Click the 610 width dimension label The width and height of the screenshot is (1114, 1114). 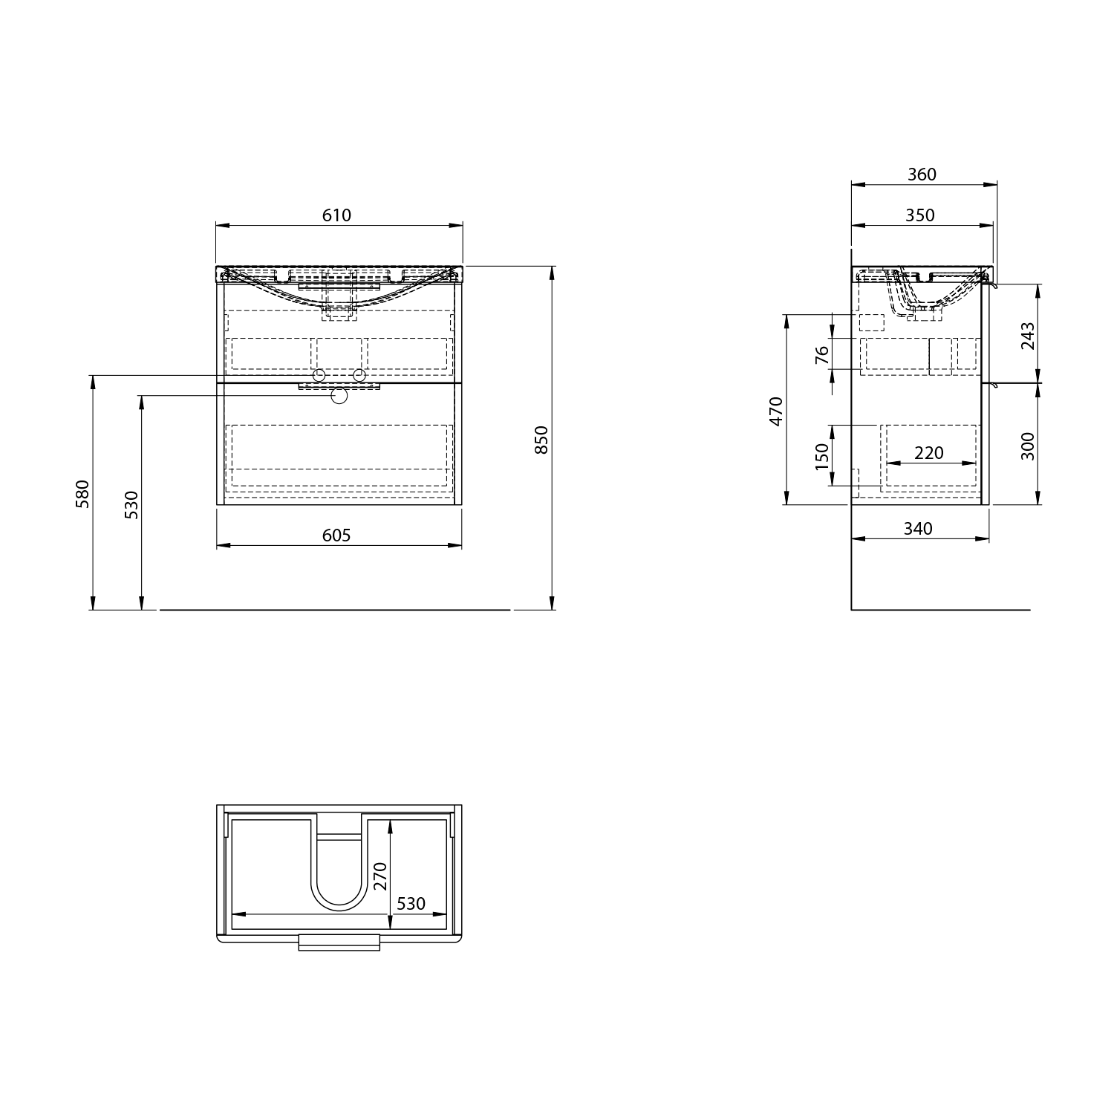pos(336,215)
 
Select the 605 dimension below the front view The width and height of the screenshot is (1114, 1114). pos(336,535)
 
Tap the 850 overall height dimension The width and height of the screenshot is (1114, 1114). pos(541,440)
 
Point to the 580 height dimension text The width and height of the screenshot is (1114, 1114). pos(82,494)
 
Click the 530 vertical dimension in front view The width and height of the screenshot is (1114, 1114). pos(131,505)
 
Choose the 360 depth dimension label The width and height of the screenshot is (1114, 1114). pos(922,175)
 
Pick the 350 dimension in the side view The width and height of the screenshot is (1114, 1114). pos(920,215)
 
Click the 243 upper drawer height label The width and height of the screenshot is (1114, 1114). pos(1027,336)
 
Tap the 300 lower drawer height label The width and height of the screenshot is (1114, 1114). pos(1027,446)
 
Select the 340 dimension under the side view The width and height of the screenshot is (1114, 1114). pos(918,529)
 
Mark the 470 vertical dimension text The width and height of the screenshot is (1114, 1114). pos(776,411)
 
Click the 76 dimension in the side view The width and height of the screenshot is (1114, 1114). pos(821,355)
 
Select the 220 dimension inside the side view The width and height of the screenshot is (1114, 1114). pos(928,452)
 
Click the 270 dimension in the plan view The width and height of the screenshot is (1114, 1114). pos(380,876)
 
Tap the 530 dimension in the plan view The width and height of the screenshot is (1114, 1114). pos(411,903)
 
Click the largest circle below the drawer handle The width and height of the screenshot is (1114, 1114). pos(339,395)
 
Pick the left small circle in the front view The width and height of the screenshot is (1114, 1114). pos(319,374)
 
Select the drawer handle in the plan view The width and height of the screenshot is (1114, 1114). pos(339,942)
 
